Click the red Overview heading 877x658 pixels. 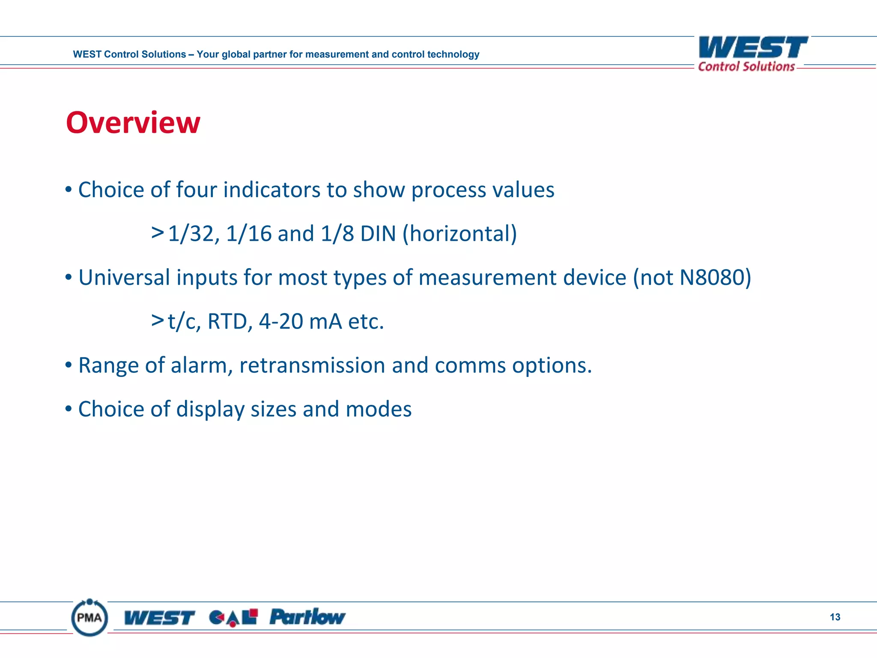(133, 123)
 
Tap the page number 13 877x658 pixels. (835, 617)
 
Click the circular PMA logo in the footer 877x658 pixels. (89, 618)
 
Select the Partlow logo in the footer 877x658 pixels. (307, 617)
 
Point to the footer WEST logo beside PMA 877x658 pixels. (159, 618)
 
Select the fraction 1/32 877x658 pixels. (194, 234)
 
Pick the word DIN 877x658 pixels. (378, 234)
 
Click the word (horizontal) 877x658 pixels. (459, 234)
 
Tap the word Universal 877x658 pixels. (124, 278)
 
